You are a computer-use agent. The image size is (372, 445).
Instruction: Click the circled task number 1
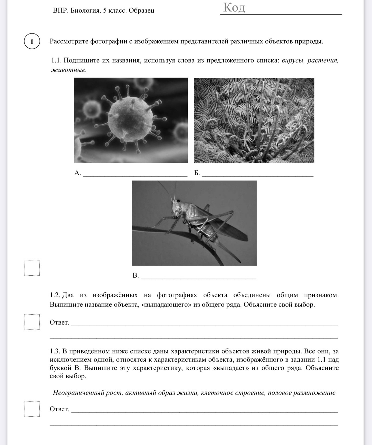coord(32,41)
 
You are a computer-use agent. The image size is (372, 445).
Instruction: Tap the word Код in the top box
coord(234,8)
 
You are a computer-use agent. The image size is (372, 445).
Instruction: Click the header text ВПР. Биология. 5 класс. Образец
coord(104,11)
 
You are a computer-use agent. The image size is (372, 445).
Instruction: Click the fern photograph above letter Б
coord(254,120)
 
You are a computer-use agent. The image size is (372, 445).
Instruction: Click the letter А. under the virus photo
coord(78,173)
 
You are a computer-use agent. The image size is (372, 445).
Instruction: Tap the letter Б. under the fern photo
coord(197,173)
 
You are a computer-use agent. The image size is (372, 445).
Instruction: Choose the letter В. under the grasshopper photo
coord(136,276)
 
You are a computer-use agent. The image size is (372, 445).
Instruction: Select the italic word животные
coord(69,70)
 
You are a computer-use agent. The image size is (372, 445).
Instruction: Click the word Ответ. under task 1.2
coord(59,322)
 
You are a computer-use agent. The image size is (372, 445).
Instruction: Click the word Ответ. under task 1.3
coord(59,409)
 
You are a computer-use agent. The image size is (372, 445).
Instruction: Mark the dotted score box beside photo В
coord(32,268)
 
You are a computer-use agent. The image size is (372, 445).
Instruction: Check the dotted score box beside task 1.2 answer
coord(32,322)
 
